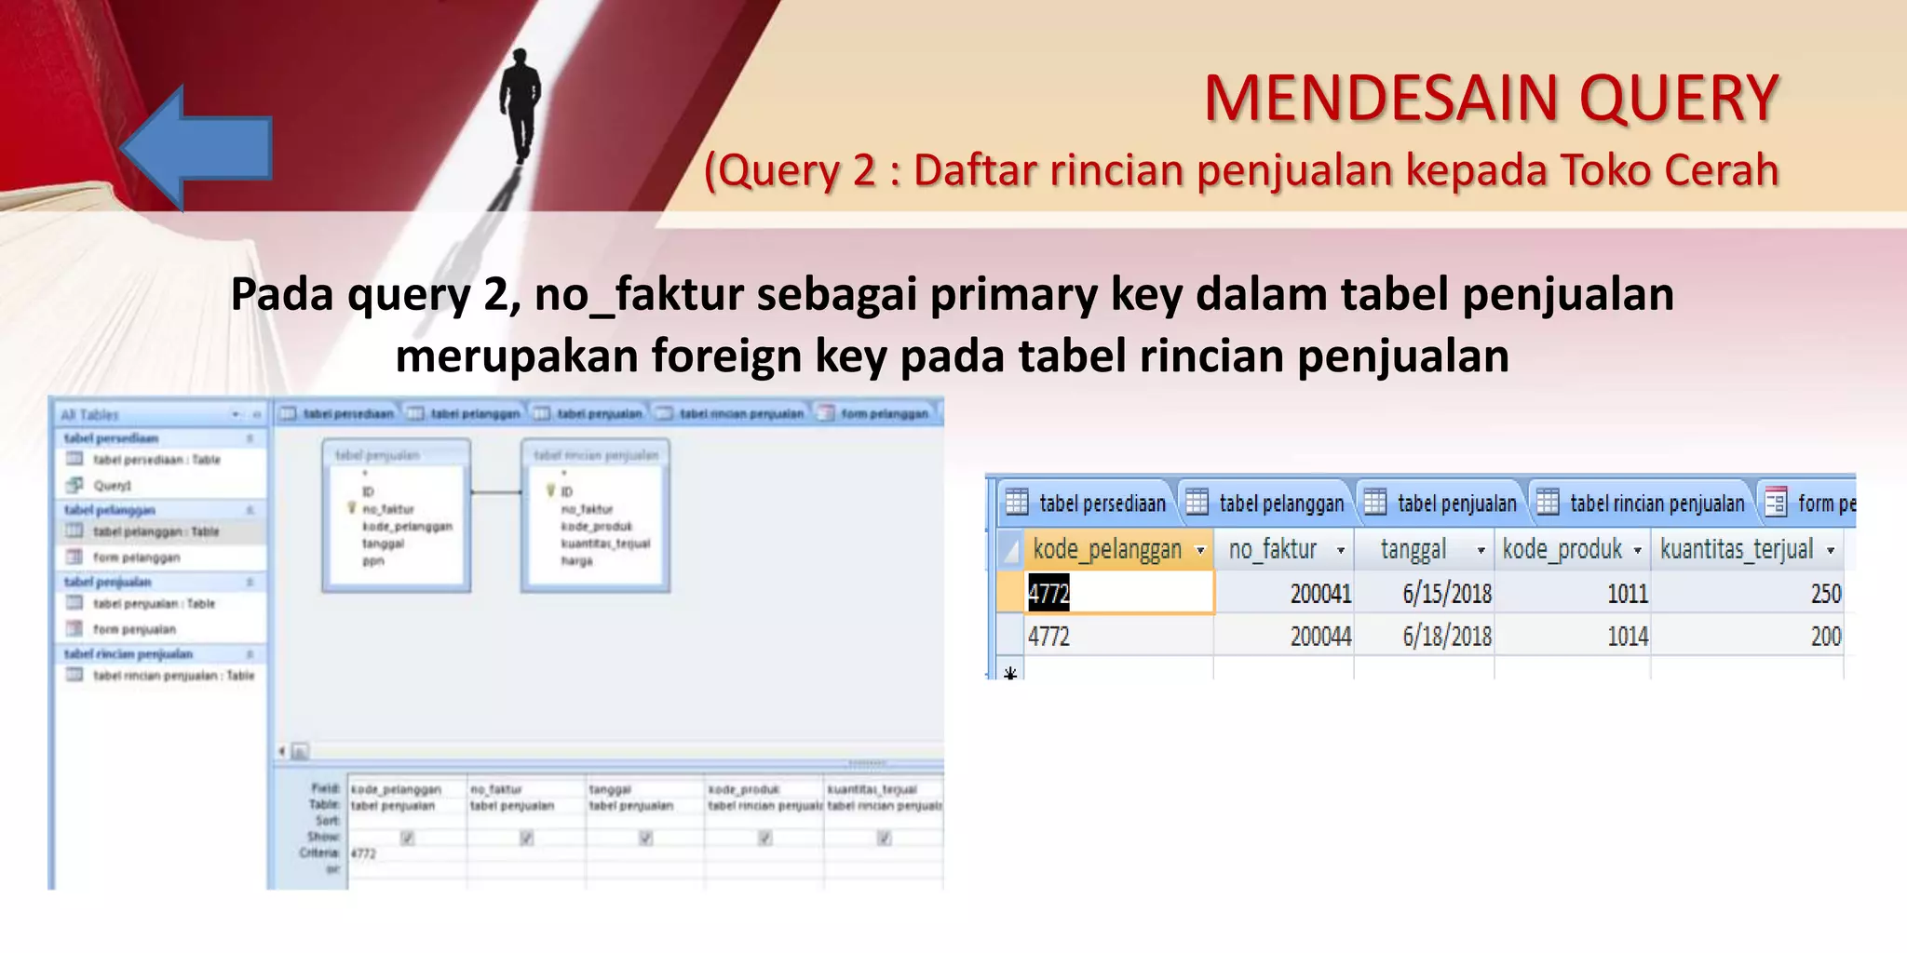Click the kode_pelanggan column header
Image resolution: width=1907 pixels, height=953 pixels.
(x=1107, y=550)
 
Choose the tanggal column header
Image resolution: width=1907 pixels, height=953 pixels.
(x=1413, y=550)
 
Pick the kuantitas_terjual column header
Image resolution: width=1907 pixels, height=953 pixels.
(x=1737, y=550)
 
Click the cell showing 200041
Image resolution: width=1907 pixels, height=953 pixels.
(x=1320, y=594)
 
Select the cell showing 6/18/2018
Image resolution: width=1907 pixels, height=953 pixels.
(x=1447, y=637)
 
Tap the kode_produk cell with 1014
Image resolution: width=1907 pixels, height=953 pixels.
(x=1628, y=637)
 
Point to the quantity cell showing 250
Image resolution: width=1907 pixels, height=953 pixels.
(x=1825, y=594)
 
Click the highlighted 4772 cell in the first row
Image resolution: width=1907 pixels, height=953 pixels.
(x=1049, y=594)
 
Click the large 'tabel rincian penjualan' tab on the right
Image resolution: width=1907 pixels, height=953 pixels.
(x=1657, y=503)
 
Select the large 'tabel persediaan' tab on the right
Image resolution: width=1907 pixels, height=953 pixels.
(x=1102, y=503)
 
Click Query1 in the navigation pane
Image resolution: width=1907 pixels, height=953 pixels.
(x=112, y=485)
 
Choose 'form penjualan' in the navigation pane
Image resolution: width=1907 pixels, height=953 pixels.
(x=134, y=629)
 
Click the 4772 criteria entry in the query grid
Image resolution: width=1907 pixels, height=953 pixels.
(x=364, y=853)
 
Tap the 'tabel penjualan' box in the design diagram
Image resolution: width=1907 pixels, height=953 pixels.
(x=396, y=517)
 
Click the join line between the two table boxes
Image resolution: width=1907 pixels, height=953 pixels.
(x=495, y=491)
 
